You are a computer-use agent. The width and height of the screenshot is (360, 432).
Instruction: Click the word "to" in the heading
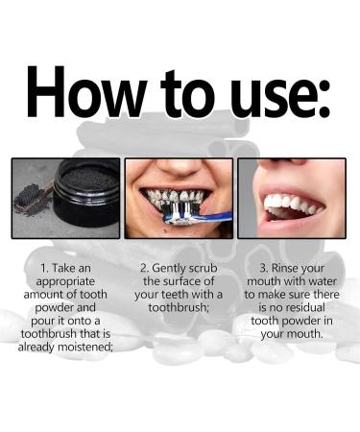pos(187,93)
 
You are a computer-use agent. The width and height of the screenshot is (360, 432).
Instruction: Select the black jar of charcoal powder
pos(85,195)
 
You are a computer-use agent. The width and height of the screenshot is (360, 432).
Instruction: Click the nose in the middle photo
pos(179,167)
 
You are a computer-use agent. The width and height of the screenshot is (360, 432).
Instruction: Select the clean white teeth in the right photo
pos(293,204)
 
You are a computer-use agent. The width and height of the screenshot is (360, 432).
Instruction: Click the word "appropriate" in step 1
pos(65,282)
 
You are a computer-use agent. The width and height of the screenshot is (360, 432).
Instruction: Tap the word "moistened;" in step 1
pos(85,347)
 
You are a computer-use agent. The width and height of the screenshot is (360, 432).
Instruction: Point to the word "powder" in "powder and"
pos(54,308)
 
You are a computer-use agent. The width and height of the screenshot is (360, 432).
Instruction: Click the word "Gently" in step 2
pos(169,268)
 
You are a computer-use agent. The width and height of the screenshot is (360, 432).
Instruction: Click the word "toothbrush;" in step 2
pos(179,307)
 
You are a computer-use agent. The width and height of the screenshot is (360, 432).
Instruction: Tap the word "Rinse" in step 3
pos(285,268)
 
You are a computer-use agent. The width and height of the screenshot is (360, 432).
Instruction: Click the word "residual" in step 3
pos(305,307)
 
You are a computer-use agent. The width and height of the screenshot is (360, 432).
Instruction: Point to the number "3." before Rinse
pos(264,268)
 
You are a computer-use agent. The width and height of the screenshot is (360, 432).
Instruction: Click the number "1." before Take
pos(44,268)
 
